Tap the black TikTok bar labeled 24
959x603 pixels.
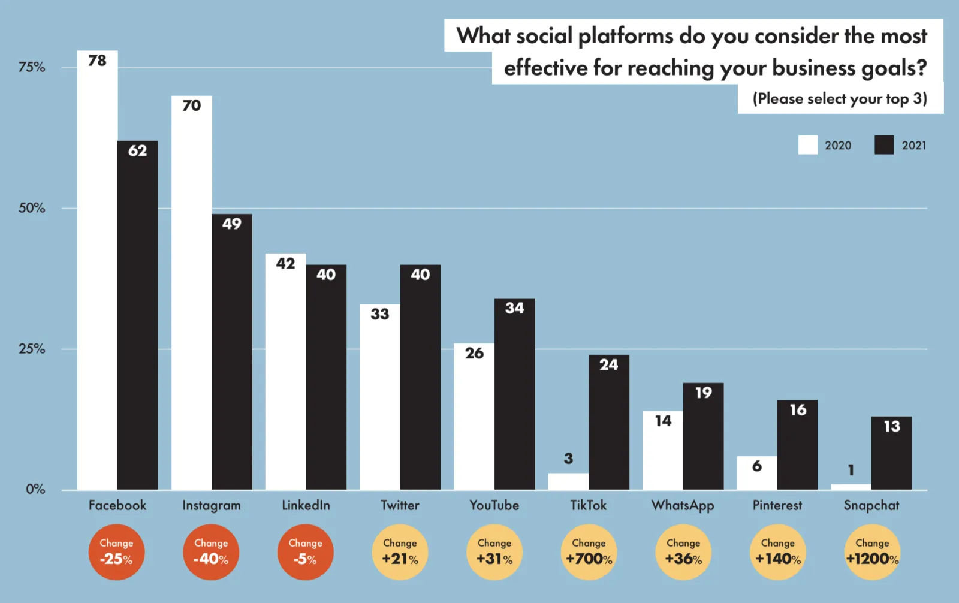(x=608, y=423)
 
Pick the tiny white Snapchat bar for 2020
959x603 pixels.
(x=851, y=487)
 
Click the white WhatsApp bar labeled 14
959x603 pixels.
(x=662, y=450)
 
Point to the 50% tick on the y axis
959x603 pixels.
(x=32, y=208)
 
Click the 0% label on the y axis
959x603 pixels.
(x=35, y=489)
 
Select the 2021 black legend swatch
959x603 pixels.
(x=883, y=145)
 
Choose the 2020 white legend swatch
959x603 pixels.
(x=807, y=145)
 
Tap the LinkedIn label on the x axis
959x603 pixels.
(x=306, y=505)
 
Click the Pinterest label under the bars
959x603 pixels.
(x=777, y=505)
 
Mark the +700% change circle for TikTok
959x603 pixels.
(x=589, y=552)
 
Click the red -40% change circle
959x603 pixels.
(x=211, y=552)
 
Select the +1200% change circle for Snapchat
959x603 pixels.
(x=872, y=552)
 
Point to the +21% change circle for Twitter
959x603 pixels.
(x=400, y=552)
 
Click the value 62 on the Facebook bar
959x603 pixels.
(x=137, y=150)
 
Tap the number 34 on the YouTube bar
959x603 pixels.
(x=514, y=308)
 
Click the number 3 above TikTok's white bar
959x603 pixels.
(x=568, y=459)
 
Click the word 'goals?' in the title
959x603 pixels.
(x=894, y=68)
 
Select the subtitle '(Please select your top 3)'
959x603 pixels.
(x=840, y=98)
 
